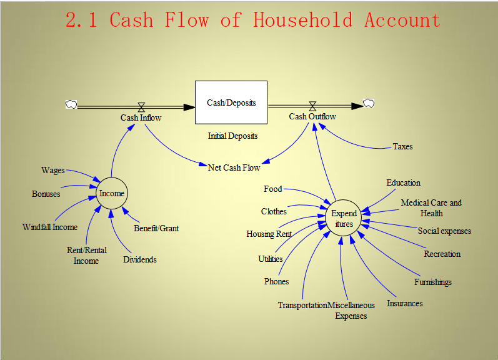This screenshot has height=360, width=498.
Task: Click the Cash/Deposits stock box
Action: tap(231, 102)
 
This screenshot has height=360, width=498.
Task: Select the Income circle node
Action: tap(112, 193)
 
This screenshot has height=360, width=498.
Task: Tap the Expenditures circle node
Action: tap(344, 219)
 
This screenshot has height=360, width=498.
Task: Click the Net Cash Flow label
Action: tap(234, 167)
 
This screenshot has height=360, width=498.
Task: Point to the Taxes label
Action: tap(402, 147)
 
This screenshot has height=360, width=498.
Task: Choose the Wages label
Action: tap(53, 171)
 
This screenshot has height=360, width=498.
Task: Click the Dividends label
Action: tap(140, 259)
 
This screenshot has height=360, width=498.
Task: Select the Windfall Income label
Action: tap(50, 227)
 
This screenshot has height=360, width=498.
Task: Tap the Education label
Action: tap(403, 183)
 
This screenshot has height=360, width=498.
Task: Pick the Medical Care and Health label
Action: tap(431, 207)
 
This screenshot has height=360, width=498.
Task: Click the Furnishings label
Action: tap(432, 282)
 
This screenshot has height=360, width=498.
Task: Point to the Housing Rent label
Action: tap(269, 234)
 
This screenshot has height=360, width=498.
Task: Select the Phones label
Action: tap(276, 282)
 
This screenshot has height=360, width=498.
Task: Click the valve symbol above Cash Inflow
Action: tap(141, 106)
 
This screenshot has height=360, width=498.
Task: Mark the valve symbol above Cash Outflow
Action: tap(312, 106)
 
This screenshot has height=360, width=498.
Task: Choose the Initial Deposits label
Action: tap(232, 136)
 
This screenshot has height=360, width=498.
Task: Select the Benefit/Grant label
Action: tap(156, 228)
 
